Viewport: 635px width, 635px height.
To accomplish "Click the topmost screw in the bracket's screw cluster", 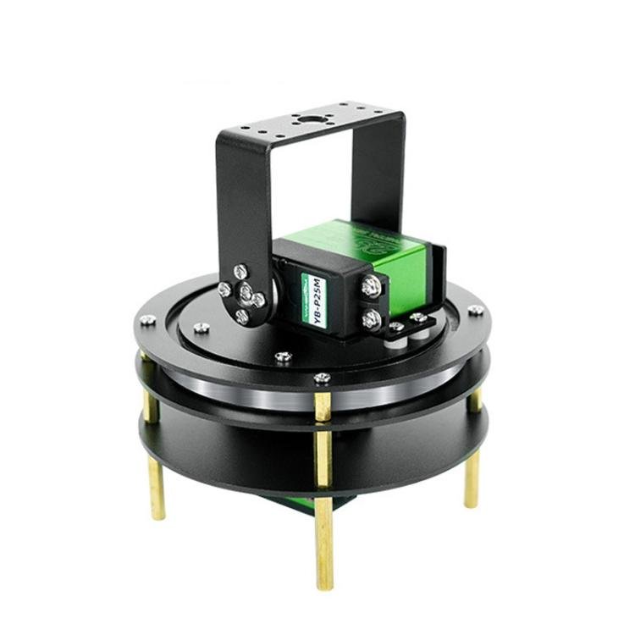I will point(241,272).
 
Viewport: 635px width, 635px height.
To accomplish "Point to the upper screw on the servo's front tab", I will point(370,288).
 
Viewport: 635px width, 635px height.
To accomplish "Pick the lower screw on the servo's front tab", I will point(371,318).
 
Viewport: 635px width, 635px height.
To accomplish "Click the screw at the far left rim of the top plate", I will point(147,319).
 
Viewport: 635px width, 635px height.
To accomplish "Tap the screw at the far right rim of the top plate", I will point(477,310).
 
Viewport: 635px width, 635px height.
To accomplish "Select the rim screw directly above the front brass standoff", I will point(322,378).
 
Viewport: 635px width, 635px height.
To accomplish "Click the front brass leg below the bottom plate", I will point(323,542).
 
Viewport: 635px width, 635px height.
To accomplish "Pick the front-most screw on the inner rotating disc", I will point(284,356).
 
